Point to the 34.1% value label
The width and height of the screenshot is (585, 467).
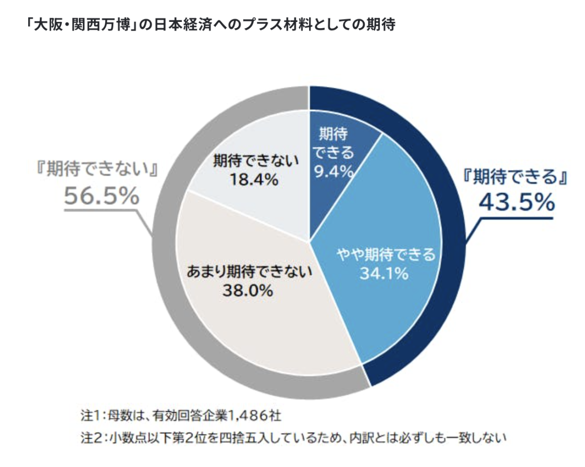click(384, 274)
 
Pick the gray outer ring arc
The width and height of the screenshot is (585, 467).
click(166, 273)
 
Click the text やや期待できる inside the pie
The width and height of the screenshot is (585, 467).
click(384, 255)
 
